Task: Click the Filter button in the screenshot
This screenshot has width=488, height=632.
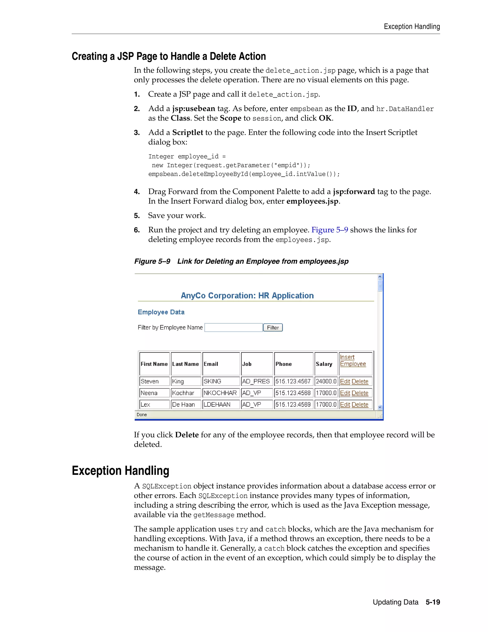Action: tap(273, 328)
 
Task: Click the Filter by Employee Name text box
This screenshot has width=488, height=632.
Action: tap(233, 328)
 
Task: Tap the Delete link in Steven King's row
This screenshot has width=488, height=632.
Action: tap(360, 381)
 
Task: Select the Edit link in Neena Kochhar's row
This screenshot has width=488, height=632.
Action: tap(345, 393)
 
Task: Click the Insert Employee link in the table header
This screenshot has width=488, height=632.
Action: tap(353, 361)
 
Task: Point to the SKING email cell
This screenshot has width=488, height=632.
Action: tap(221, 381)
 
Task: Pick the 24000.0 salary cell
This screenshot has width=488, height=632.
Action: tap(326, 381)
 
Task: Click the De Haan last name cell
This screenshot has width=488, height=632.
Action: tap(186, 404)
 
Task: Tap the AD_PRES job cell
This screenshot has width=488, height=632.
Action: tap(256, 381)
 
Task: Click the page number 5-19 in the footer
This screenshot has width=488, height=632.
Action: tap(432, 602)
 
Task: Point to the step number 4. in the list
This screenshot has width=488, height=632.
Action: tap(137, 192)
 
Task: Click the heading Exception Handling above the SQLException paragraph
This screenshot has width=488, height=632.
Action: tap(120, 471)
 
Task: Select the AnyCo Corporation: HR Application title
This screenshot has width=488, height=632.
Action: tap(247, 295)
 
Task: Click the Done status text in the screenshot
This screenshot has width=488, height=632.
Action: tap(142, 415)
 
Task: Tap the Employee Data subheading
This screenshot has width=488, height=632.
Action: tap(161, 312)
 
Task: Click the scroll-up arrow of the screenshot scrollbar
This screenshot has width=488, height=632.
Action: tap(380, 277)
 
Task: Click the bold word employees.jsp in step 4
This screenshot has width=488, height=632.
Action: tap(312, 202)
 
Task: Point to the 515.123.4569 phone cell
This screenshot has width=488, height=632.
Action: tap(293, 404)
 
